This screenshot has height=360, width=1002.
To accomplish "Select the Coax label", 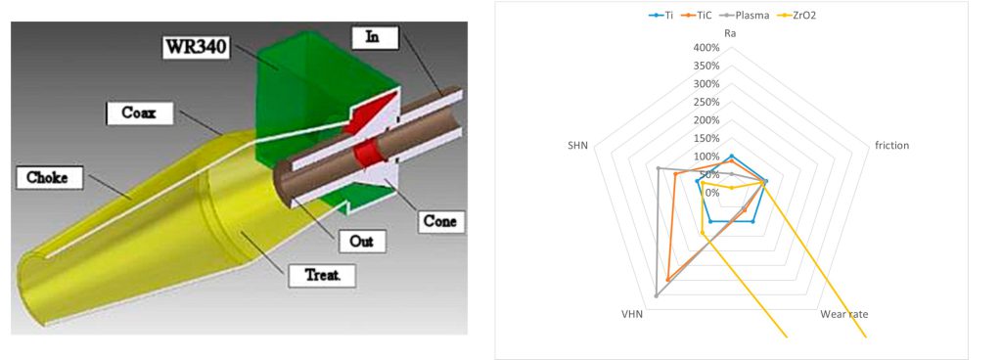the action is point(139,112).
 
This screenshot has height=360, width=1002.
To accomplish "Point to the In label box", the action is point(375,38).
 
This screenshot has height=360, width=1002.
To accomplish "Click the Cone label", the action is point(441,221).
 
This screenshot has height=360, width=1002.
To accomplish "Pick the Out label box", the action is point(362,242).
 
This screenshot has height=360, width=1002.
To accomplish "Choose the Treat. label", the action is point(321,277).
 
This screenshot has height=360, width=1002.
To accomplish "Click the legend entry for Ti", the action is point(660,15).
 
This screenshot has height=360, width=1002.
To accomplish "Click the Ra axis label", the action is point(730,33).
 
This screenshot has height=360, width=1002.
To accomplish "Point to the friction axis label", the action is point(891,146).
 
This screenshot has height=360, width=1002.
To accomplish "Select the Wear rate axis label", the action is point(846,314).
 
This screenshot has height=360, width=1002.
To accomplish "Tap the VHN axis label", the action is point(633,314).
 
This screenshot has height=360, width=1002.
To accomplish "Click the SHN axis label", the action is point(577,146).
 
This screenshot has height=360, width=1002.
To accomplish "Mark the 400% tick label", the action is point(706,48).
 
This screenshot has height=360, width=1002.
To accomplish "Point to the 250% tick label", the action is point(706,102).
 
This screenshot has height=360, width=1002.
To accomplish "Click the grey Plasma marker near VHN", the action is point(657,294).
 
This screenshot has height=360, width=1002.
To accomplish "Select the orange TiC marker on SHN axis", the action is point(675,174).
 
